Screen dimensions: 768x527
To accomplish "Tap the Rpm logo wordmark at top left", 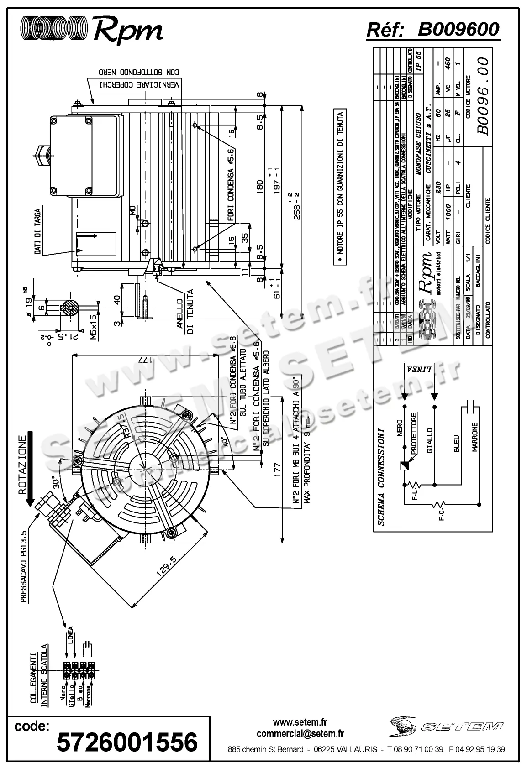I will [128, 30].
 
